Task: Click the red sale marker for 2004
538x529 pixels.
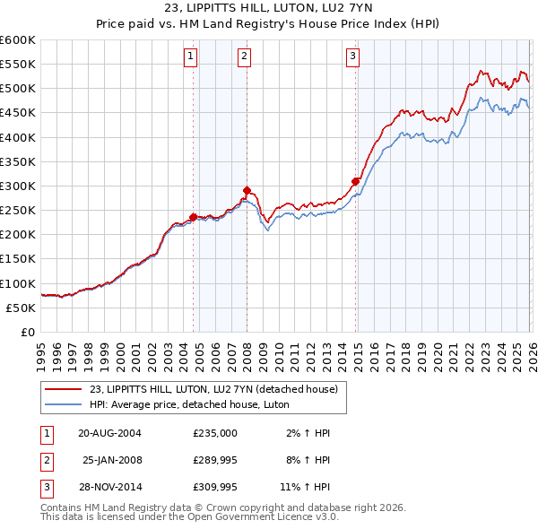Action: click(193, 217)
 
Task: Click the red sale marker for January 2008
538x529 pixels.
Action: click(247, 190)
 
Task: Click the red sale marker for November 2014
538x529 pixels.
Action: click(356, 181)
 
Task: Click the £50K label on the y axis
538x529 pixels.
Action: click(22, 308)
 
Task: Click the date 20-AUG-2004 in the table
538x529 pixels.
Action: click(110, 433)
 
